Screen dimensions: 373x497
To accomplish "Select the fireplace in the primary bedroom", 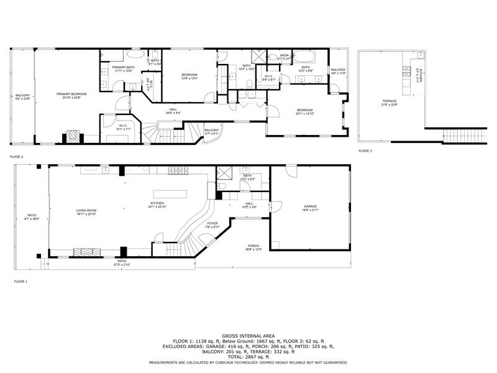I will pos(73,137).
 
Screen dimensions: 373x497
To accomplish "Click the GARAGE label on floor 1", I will pos(310,207).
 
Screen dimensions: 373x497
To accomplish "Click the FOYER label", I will pos(212,224).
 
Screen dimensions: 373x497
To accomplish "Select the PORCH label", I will pos(254,247).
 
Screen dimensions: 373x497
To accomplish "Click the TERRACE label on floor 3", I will pos(389,101).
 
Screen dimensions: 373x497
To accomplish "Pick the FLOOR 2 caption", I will pos(16,157).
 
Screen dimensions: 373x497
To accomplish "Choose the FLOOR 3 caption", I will pos(365,151).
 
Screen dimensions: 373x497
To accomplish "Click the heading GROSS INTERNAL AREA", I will pos(248,336).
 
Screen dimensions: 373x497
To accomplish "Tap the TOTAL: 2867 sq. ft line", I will pos(248,357).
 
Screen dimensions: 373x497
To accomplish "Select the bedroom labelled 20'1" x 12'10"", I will pos(304,111).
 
